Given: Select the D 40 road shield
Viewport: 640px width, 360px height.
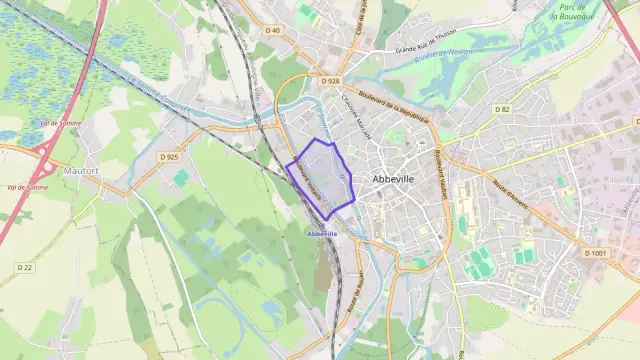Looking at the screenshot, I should coord(272,58).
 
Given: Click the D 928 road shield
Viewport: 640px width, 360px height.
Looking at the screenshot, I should coord(332,80).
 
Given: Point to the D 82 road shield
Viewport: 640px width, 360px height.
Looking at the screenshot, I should coord(501,109).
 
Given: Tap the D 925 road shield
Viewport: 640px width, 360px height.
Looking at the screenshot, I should coord(169,157).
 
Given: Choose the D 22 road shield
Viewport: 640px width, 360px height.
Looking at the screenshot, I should coord(25,267).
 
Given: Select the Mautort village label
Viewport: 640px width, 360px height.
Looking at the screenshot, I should coord(81,171).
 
